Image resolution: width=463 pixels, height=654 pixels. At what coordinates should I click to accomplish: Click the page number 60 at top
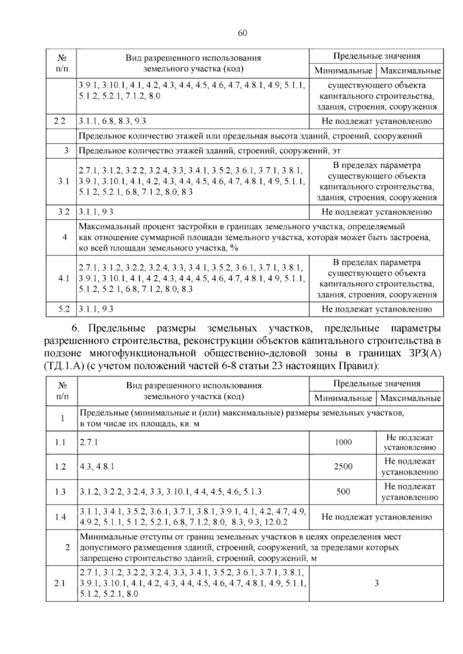coord(242,33)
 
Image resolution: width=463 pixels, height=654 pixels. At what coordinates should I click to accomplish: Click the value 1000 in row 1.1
coord(343,442)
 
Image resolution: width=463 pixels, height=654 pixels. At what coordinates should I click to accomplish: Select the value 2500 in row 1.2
coord(343,467)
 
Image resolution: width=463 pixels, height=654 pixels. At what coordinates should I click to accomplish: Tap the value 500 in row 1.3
coord(343,492)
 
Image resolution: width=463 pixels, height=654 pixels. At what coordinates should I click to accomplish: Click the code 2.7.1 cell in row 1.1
coord(89,442)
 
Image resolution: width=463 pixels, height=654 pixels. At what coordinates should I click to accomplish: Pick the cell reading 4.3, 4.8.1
coord(97,467)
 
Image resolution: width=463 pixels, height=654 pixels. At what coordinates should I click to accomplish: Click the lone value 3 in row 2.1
coord(376,583)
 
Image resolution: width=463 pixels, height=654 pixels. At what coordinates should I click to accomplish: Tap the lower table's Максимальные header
coord(410,398)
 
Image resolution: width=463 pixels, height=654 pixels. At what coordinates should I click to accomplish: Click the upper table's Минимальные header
coord(343,71)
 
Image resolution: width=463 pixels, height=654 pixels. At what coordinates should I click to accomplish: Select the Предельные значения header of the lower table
coord(376,384)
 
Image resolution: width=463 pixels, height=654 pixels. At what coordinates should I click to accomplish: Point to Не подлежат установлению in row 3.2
coord(376,212)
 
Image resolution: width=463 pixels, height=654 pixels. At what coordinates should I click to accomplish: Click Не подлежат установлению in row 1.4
coord(376,517)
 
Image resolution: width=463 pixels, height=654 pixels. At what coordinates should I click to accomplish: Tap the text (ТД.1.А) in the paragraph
coord(64,366)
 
